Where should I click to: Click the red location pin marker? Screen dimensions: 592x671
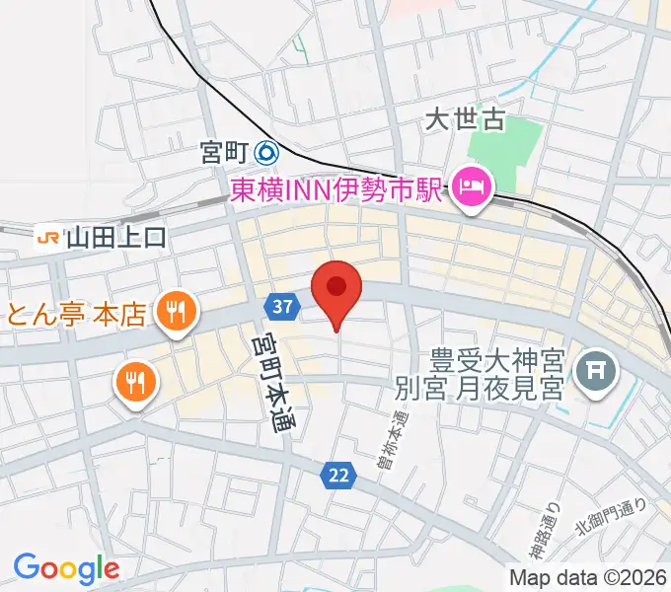tap(336, 290)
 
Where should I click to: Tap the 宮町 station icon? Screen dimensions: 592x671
tap(266, 153)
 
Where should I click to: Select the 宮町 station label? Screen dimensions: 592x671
tap(223, 153)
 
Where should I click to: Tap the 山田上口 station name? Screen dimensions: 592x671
tap(116, 237)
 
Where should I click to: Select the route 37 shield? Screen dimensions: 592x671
tap(282, 307)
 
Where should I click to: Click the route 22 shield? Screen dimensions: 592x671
tap(338, 477)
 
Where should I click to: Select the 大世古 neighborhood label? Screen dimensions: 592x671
tap(465, 120)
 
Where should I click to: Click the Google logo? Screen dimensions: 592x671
tap(66, 568)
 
